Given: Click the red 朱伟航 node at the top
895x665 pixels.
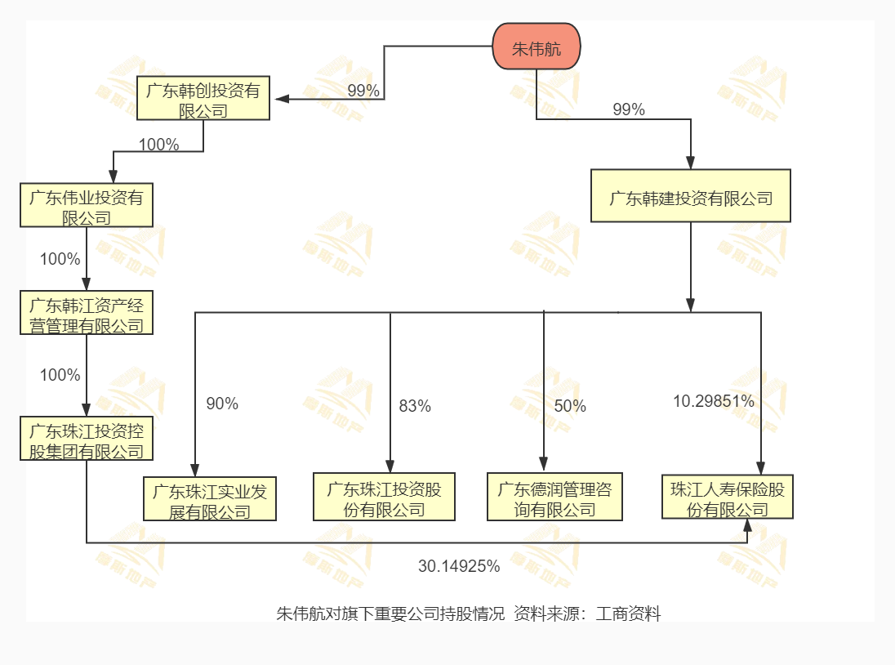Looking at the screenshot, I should pos(537,48).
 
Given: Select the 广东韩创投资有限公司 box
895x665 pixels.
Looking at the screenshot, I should pos(203,99).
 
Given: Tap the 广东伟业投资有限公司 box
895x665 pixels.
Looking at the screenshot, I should pos(87,206).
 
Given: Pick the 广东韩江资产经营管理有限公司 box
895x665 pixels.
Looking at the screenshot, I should pos(87,315).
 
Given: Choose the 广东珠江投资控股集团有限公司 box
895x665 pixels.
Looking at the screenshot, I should pos(87,439).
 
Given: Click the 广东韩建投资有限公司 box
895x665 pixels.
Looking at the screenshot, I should pos(691,196).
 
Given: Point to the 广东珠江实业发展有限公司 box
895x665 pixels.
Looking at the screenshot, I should pos(210,499).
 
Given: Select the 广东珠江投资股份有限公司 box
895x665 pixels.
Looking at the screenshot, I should pos(384,498).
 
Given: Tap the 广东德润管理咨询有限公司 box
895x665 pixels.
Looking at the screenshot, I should pos(554,498).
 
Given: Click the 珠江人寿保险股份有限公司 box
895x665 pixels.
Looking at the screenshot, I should pos(727,498).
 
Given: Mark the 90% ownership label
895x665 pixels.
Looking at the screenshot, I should pos(222,404).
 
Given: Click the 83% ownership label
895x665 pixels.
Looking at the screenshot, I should pos(415,406).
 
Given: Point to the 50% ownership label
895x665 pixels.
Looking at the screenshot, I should pos(570,406).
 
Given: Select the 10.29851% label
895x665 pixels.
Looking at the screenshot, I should pos(713,401).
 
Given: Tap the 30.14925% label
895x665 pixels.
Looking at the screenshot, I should pos(459,565).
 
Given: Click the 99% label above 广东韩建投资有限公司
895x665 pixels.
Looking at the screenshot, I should pos(629,109).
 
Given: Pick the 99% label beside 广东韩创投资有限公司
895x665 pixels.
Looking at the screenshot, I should pos(363,91).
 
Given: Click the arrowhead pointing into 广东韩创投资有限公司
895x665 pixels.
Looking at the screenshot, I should pos(282,99).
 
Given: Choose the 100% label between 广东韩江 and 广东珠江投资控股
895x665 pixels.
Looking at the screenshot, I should pos(60,376).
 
